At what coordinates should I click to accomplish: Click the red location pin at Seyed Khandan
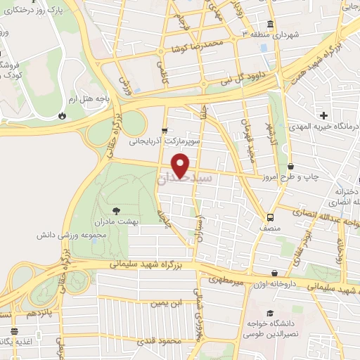[181, 166]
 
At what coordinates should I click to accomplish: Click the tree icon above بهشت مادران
[116, 210]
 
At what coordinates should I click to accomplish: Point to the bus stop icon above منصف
[271, 217]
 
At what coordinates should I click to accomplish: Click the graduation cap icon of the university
[269, 314]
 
